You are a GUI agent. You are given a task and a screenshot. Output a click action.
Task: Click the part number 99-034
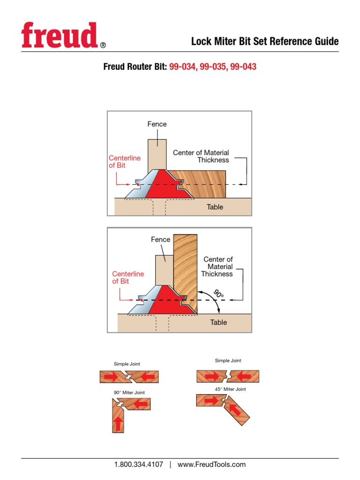click(183, 67)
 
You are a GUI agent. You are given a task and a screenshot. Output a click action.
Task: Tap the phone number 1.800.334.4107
click(139, 465)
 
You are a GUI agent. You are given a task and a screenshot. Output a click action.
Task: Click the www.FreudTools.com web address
click(211, 465)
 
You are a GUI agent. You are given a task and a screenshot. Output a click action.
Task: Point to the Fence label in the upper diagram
click(157, 124)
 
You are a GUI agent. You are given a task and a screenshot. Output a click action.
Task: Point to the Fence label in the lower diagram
click(160, 240)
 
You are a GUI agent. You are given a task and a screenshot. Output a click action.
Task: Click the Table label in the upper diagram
click(215, 207)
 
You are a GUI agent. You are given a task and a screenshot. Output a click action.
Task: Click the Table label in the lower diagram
click(218, 322)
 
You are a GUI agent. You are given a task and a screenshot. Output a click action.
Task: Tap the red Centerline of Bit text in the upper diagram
click(124, 162)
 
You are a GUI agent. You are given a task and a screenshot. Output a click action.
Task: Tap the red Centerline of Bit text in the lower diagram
click(127, 277)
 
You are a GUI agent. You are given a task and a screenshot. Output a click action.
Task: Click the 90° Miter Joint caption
click(129, 392)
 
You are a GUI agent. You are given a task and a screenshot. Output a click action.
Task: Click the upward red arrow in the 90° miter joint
click(118, 423)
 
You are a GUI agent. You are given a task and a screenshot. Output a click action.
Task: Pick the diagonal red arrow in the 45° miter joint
click(235, 410)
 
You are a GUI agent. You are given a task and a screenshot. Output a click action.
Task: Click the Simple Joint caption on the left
click(127, 364)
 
